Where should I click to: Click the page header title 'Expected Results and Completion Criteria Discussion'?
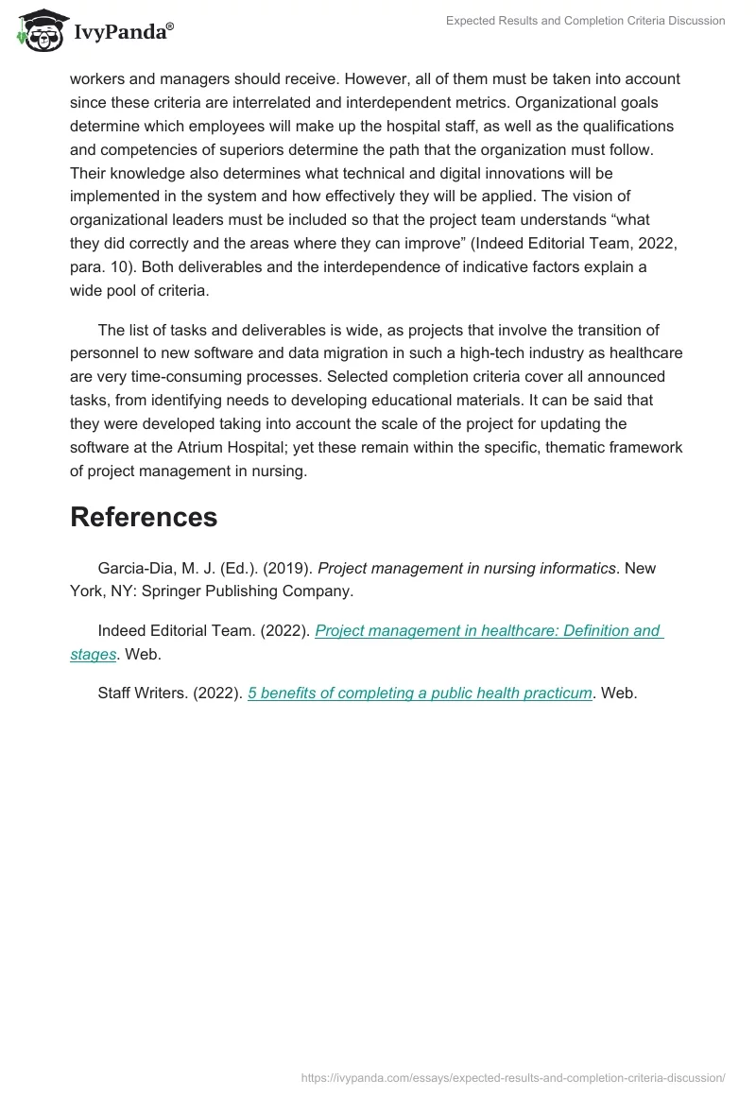(586, 21)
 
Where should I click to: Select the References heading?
(144, 517)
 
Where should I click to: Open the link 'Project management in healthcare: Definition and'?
(488, 631)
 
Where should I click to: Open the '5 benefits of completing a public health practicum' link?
(420, 693)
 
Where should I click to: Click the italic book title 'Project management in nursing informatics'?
(467, 568)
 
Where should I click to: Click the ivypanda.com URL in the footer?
(513, 1077)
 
